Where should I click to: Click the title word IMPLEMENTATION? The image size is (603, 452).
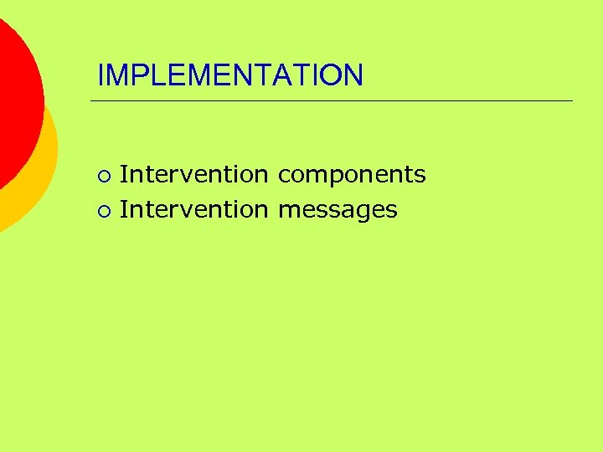tap(230, 75)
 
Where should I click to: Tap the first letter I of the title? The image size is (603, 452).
tap(100, 75)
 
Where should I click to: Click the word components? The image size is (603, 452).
tap(352, 175)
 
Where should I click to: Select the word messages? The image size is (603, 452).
tap(338, 210)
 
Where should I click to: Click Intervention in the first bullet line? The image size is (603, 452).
tap(193, 174)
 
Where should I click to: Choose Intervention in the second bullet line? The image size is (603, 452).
tap(193, 209)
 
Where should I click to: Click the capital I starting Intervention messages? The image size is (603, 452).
tap(124, 209)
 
